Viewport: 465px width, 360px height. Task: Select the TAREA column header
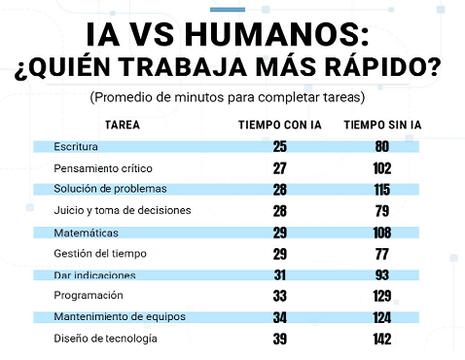tap(123, 125)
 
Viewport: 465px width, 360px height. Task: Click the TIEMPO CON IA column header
tap(280, 125)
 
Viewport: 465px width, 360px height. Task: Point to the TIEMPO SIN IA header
tap(382, 125)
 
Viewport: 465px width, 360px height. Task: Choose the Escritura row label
tap(76, 147)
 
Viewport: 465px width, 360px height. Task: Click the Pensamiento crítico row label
tap(103, 168)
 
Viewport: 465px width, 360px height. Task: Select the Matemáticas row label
tap(86, 233)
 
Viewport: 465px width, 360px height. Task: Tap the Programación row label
tap(89, 296)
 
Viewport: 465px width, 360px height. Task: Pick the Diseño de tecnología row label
tap(105, 339)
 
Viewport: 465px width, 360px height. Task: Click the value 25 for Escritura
tap(280, 147)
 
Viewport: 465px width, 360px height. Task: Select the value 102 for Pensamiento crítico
tap(382, 168)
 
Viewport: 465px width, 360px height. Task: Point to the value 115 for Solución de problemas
tap(382, 190)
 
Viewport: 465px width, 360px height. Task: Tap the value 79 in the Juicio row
tap(382, 211)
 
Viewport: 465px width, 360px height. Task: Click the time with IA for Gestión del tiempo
tap(280, 254)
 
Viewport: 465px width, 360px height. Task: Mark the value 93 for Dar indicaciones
tap(382, 275)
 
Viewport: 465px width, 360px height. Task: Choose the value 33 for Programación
tap(280, 296)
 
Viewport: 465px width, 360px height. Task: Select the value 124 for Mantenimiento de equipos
tap(382, 317)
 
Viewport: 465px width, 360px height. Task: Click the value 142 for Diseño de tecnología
tap(382, 339)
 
